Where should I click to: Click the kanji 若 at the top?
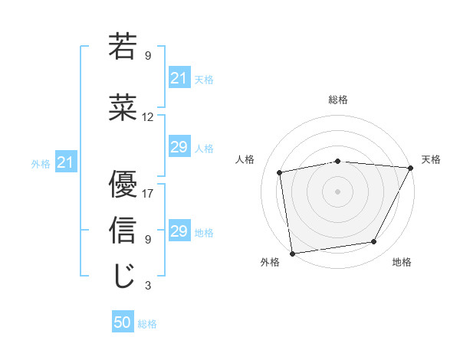click(x=123, y=47)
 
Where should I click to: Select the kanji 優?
click(x=123, y=186)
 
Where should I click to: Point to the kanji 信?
click(x=123, y=231)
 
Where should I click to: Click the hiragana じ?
click(x=123, y=277)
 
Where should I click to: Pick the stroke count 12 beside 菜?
click(x=148, y=117)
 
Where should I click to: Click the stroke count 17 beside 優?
click(x=148, y=193)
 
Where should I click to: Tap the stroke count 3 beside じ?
click(x=148, y=286)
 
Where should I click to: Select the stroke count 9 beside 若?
click(x=148, y=55)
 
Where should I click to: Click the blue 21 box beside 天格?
click(x=179, y=78)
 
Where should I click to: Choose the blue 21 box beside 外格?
click(x=65, y=162)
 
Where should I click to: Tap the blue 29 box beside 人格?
click(x=179, y=147)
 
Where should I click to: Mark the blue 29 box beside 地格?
click(x=179, y=231)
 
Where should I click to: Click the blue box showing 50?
click(x=123, y=323)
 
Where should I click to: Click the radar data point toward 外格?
click(x=292, y=252)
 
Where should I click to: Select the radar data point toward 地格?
click(x=374, y=242)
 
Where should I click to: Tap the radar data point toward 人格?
click(x=280, y=172)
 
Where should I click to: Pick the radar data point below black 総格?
click(x=338, y=161)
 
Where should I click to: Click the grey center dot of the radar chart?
click(x=338, y=191)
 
